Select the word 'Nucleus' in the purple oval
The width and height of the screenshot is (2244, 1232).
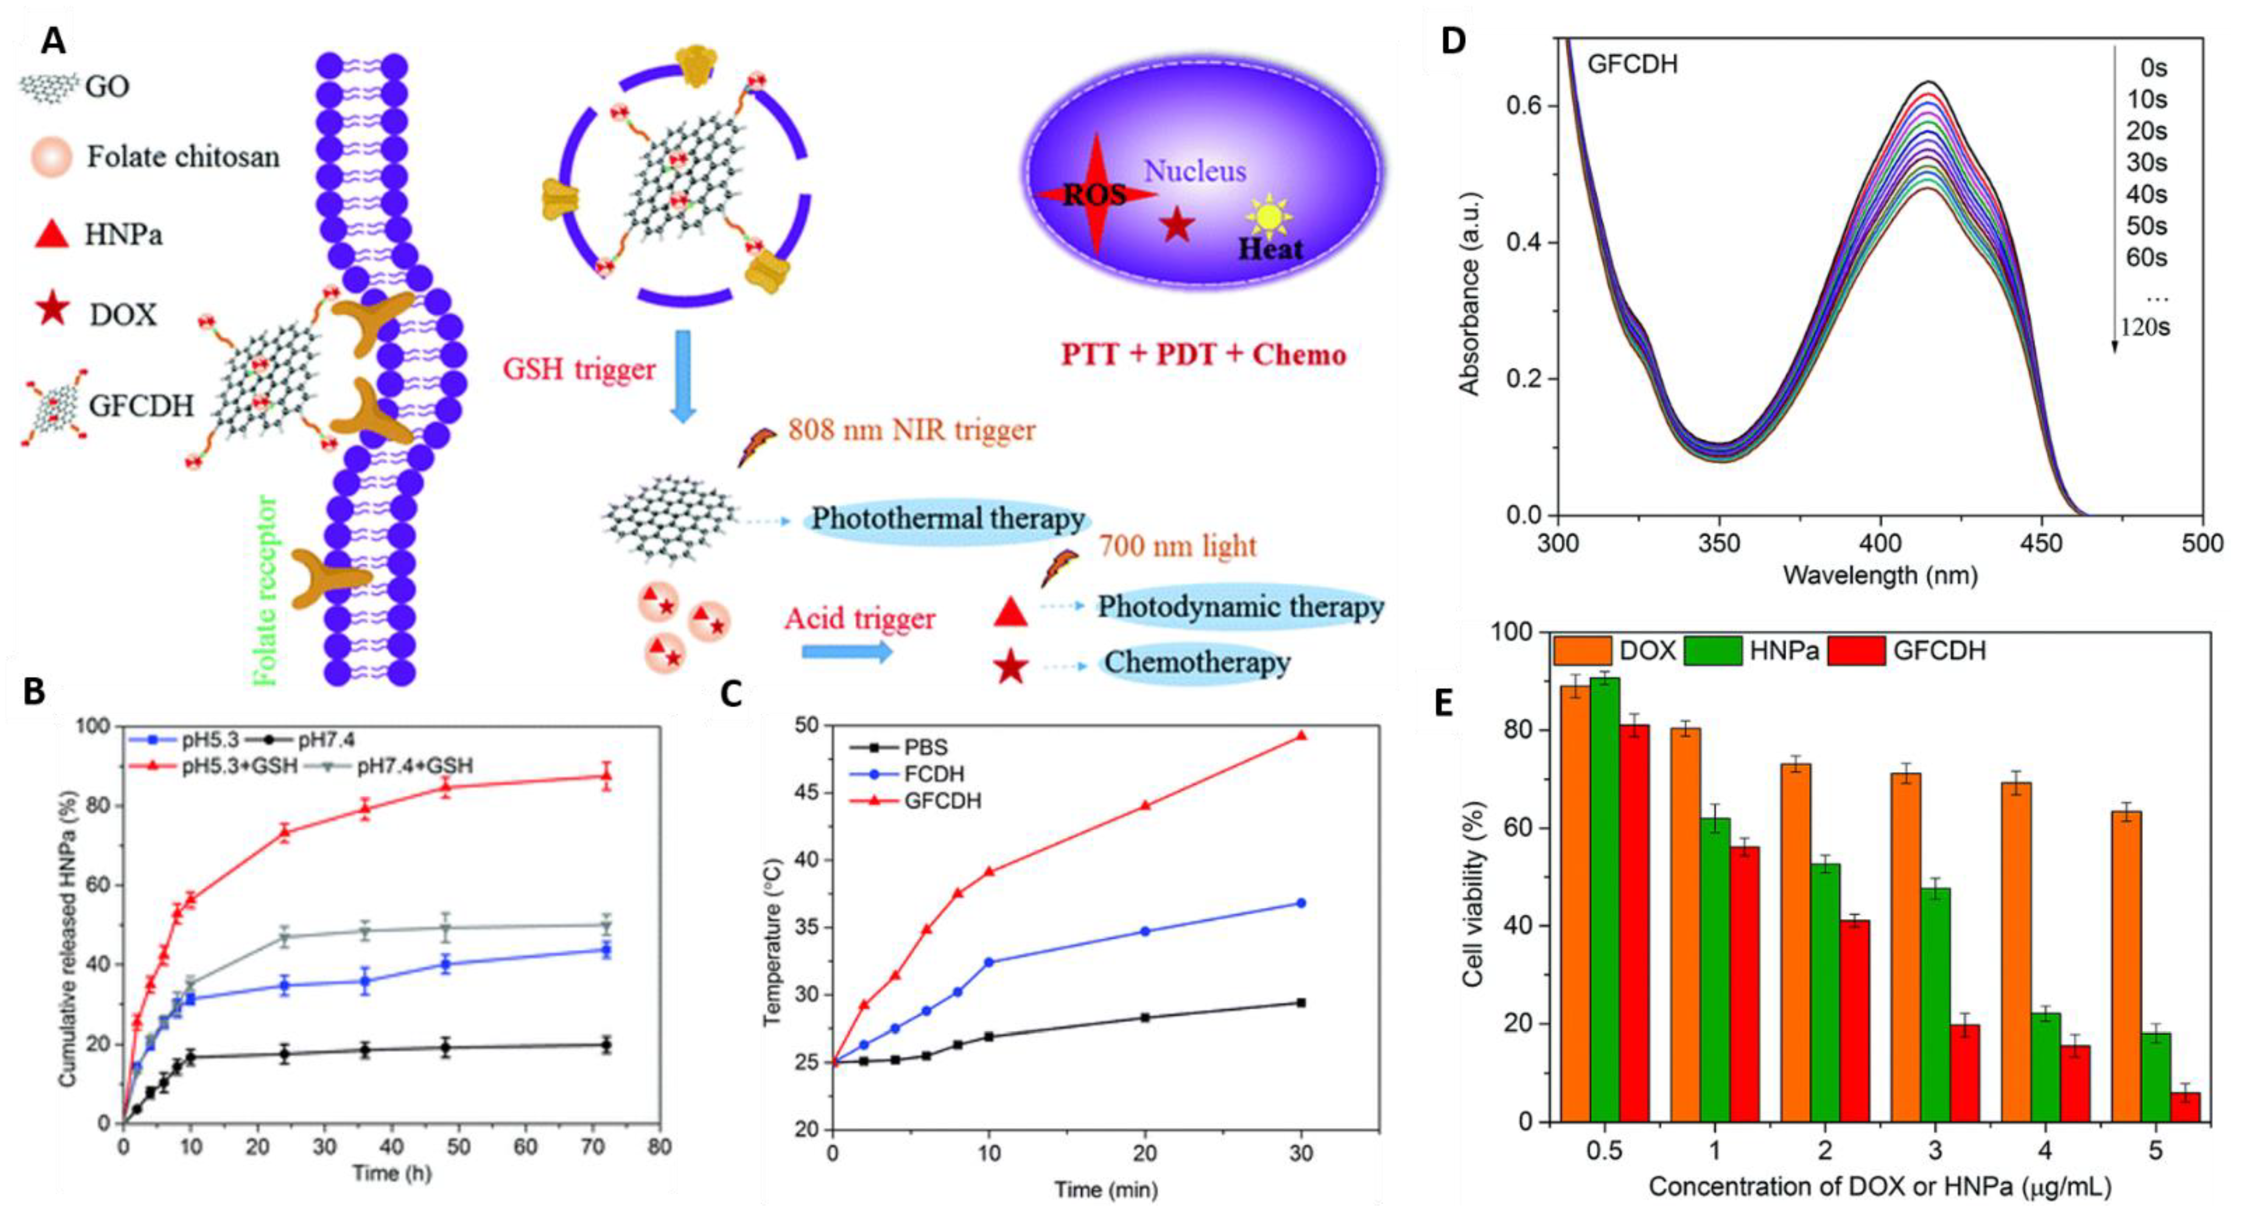click(x=1194, y=172)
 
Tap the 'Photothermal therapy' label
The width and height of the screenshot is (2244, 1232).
click(x=947, y=519)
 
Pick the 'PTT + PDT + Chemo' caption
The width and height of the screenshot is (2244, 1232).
click(x=1203, y=355)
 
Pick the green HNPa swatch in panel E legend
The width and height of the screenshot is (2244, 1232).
click(x=1713, y=651)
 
